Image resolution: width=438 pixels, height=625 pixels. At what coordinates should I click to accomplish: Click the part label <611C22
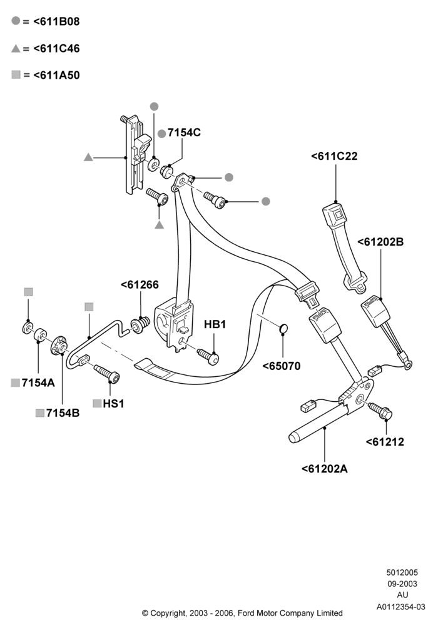tap(334, 156)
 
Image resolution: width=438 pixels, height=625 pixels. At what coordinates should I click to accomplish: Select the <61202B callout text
tap(380, 242)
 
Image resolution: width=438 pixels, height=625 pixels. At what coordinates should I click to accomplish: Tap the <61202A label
tap(324, 469)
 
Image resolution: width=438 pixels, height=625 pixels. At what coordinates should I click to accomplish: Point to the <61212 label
tap(385, 442)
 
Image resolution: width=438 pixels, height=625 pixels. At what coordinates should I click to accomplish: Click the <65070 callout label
tap(281, 366)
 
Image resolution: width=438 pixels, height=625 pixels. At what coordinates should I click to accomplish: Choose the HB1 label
tap(215, 324)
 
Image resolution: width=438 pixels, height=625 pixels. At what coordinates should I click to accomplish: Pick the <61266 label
tap(140, 284)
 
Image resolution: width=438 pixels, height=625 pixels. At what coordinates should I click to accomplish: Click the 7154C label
tap(184, 132)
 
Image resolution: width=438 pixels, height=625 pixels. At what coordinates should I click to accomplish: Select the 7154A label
tap(38, 382)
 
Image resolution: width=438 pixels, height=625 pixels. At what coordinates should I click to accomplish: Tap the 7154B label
tap(63, 413)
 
